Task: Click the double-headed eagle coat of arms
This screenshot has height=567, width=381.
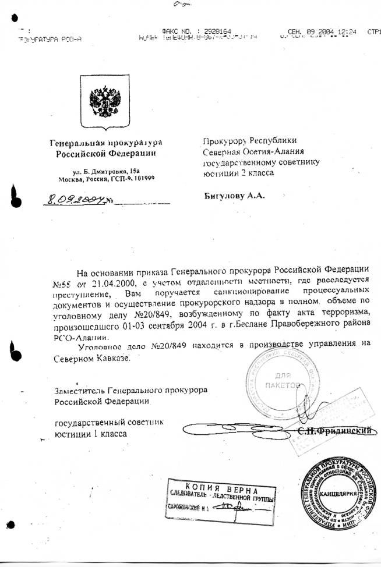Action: pos(105,101)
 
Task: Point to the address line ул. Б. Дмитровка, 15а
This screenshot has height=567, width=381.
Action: pos(107,171)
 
